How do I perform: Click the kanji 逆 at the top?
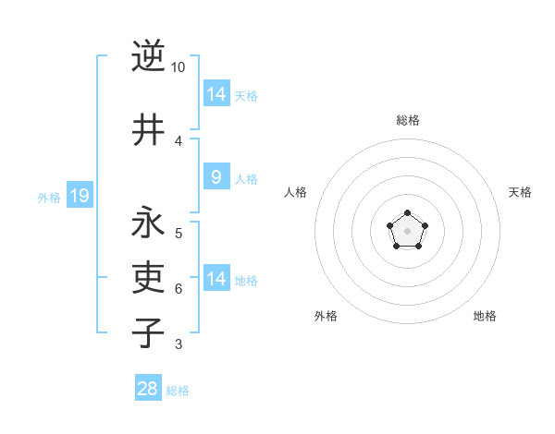(x=148, y=56)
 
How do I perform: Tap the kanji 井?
(x=148, y=129)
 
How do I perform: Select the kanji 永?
(x=148, y=223)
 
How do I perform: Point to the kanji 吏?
(x=148, y=277)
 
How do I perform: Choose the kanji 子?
(x=148, y=332)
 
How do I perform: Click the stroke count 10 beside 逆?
(x=179, y=67)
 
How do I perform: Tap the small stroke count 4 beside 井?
(x=179, y=140)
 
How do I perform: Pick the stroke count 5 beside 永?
(x=179, y=233)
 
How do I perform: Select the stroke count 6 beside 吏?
(x=179, y=288)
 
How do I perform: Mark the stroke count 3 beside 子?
(x=179, y=344)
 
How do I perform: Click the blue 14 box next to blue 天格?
(x=216, y=93)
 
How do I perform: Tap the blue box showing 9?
(x=216, y=177)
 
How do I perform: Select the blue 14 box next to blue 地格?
(x=216, y=279)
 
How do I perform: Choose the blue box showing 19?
(x=80, y=195)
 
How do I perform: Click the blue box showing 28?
(x=148, y=389)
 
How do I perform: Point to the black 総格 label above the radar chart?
(x=408, y=120)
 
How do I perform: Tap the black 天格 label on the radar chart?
(x=521, y=192)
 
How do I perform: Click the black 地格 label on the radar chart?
(x=485, y=316)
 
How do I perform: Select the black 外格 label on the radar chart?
(x=326, y=316)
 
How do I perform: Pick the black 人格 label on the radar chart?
(x=295, y=192)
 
